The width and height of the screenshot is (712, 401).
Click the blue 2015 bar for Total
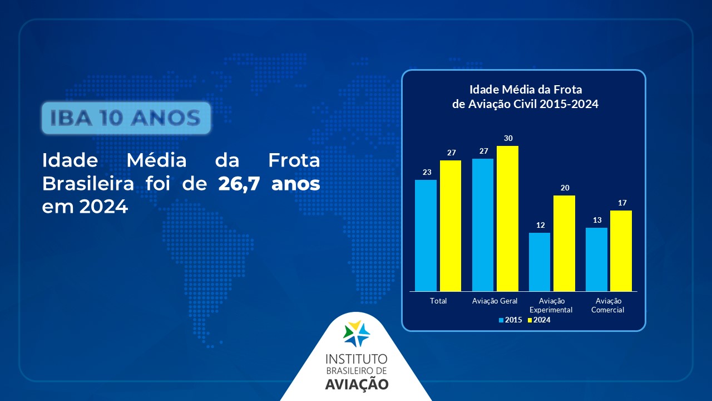click(x=426, y=236)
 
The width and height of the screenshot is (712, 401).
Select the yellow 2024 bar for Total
click(x=451, y=226)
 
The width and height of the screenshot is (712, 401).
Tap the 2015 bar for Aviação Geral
click(x=483, y=225)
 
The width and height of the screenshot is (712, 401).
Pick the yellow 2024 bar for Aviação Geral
click(x=508, y=219)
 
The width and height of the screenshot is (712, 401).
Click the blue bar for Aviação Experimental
click(x=540, y=262)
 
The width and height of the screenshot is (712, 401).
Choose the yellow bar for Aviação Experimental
click(x=564, y=243)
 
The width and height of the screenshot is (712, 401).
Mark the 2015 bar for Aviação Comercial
click(x=597, y=260)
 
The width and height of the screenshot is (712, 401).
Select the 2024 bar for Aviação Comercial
click(x=621, y=251)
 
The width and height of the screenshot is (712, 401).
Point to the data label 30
click(x=508, y=138)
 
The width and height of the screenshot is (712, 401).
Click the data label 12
click(x=540, y=226)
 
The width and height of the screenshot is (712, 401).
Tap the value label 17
click(x=622, y=203)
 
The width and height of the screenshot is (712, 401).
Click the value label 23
click(x=427, y=172)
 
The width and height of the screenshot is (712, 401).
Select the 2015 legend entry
click(x=511, y=320)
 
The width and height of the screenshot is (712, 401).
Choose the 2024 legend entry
click(x=539, y=320)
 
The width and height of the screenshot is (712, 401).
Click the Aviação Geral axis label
click(x=495, y=301)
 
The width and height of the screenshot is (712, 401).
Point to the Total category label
click(x=438, y=301)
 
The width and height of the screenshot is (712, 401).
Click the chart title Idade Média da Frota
click(x=526, y=90)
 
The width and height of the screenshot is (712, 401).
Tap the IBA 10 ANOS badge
click(x=126, y=118)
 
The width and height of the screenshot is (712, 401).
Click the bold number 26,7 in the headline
click(x=239, y=184)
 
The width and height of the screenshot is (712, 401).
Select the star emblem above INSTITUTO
click(x=356, y=334)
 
